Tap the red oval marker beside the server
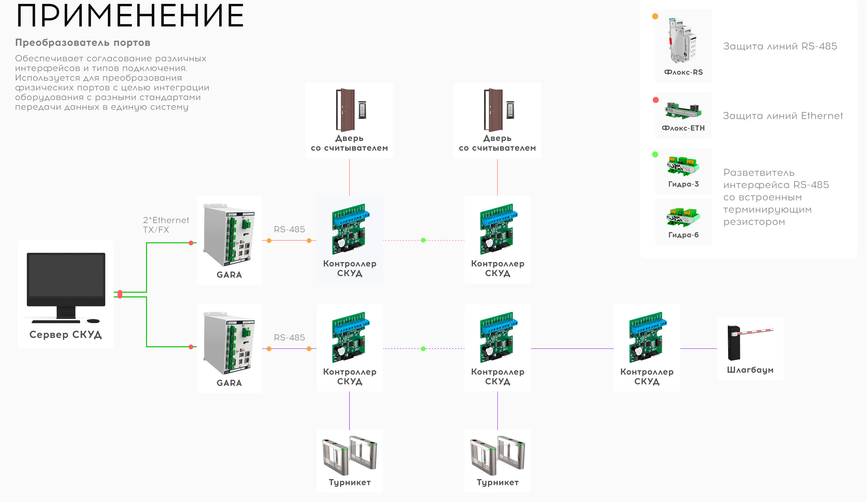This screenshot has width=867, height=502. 120,294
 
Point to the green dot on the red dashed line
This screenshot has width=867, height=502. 423,240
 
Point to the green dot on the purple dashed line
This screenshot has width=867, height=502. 423,349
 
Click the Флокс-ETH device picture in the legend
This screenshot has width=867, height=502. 683,110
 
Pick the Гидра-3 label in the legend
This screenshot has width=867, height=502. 683,184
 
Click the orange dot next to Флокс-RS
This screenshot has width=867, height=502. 655,16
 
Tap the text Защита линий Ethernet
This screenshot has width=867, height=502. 783,116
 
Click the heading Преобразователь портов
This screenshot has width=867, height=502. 83,43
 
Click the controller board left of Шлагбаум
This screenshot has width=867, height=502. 646,337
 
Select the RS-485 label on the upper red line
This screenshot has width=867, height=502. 289,229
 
